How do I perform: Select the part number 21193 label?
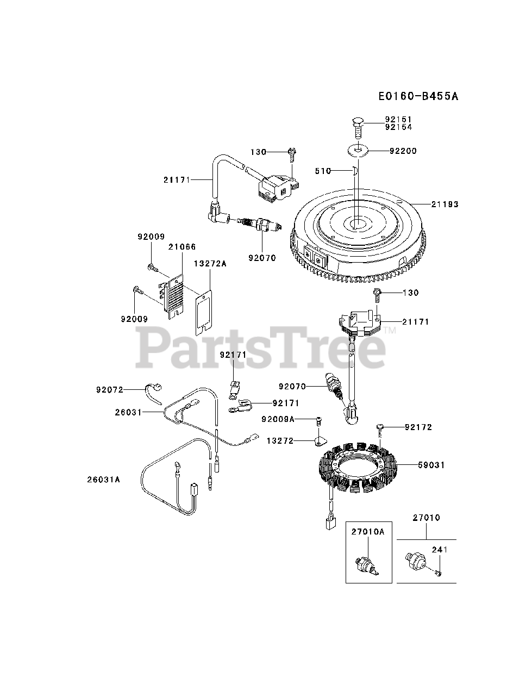click(445, 204)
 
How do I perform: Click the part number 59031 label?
click(431, 465)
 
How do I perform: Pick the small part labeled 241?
click(438, 571)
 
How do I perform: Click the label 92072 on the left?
click(110, 389)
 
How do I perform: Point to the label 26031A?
click(103, 480)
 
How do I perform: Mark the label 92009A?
click(277, 419)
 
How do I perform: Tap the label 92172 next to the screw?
click(418, 427)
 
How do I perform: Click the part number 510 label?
click(323, 171)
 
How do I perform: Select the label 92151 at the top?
click(398, 120)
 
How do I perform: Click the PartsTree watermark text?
click(261, 348)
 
